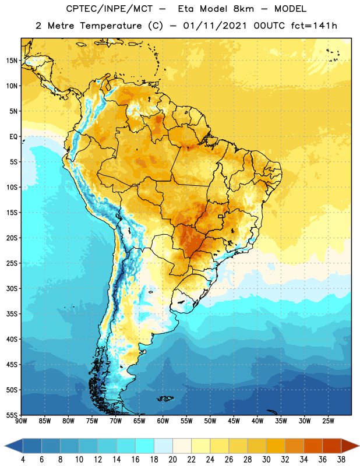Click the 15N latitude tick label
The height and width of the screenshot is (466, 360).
(x=12, y=61)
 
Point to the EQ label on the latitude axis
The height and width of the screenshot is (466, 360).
(x=13, y=137)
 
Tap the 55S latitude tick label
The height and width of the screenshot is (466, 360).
(x=12, y=415)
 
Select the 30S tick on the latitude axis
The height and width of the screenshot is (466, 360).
(x=12, y=288)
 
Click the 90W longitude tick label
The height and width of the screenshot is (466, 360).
(x=21, y=421)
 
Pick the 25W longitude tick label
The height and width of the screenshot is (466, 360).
(x=328, y=421)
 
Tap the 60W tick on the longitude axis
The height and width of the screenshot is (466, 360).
(x=163, y=421)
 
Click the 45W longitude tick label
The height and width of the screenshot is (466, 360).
(x=234, y=421)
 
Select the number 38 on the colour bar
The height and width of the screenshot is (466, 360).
(x=341, y=460)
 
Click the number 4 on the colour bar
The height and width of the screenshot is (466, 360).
(x=23, y=460)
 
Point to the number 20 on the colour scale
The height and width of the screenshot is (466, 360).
(x=172, y=460)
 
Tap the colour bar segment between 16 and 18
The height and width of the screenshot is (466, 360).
(x=144, y=446)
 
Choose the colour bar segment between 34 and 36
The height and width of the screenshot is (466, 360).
(x=313, y=446)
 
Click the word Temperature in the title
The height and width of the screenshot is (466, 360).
(x=111, y=26)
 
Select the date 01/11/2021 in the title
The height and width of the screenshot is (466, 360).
(x=215, y=26)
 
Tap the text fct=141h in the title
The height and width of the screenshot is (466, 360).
(x=314, y=26)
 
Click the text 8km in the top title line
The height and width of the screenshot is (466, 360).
(x=243, y=9)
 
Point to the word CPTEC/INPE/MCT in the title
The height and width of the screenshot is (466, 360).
(x=109, y=9)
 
